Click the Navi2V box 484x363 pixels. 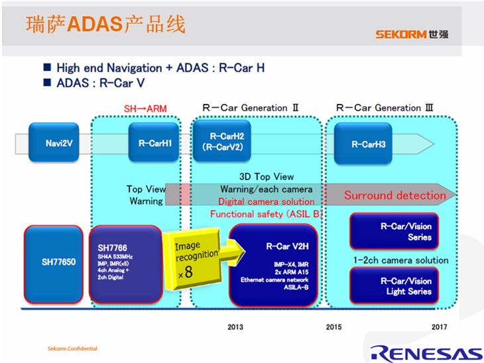click(x=54, y=142)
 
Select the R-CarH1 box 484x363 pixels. click(x=154, y=142)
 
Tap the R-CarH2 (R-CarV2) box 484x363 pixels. click(x=222, y=140)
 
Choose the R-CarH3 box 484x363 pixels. click(x=363, y=143)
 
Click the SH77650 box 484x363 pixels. click(x=54, y=264)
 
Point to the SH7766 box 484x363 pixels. click(x=125, y=264)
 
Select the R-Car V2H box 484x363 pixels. click(x=273, y=265)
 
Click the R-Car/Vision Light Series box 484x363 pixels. click(x=394, y=285)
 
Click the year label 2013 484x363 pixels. click(x=235, y=327)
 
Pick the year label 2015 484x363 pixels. click(x=333, y=327)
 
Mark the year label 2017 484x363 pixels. click(x=439, y=327)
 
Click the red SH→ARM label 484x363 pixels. click(x=145, y=109)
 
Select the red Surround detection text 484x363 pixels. click(x=395, y=195)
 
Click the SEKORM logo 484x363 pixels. click(x=412, y=34)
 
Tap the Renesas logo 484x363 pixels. click(x=426, y=354)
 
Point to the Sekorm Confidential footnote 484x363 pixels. click(x=72, y=348)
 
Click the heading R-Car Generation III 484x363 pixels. click(x=385, y=107)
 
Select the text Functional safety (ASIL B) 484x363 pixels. click(x=266, y=214)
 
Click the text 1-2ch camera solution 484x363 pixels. click(x=401, y=260)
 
